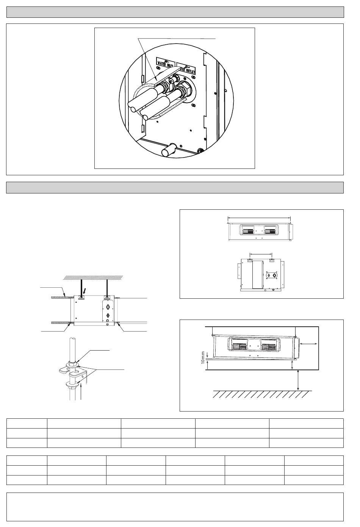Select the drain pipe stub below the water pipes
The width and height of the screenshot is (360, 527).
(x=168, y=150)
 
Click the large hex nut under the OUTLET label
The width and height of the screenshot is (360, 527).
(x=185, y=90)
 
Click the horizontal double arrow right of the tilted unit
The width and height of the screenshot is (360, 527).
(x=309, y=343)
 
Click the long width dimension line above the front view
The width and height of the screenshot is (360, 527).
(x=259, y=217)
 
